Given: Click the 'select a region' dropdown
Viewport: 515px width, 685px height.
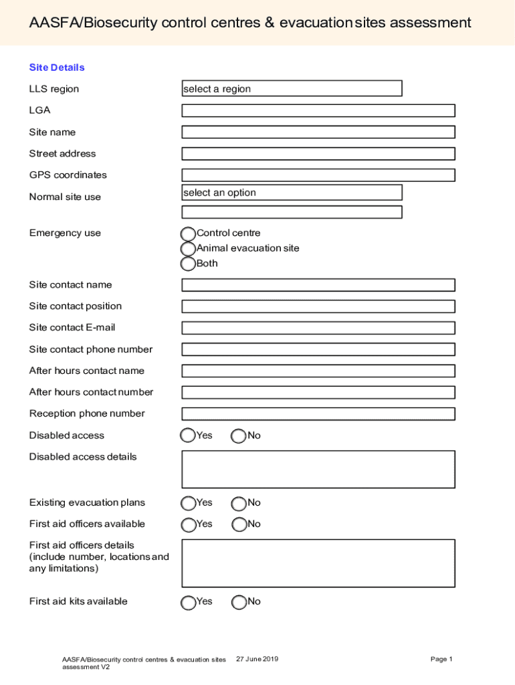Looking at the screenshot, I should (x=292, y=88).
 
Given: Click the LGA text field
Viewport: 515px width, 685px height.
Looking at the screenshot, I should (x=318, y=110).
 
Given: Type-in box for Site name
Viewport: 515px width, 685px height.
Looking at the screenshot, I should (x=318, y=132).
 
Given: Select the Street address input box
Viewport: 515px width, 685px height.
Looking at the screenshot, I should (x=318, y=153).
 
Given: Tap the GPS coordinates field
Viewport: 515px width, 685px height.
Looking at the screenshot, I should (x=318, y=175).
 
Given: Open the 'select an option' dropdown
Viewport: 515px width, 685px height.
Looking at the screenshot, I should (x=292, y=193).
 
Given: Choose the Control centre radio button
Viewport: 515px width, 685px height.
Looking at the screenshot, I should (x=189, y=233).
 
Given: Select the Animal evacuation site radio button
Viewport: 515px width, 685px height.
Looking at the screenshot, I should (x=189, y=249).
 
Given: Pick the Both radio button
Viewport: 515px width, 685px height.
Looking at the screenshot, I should (x=189, y=264).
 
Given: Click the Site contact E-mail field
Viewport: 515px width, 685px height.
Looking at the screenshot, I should (x=318, y=328).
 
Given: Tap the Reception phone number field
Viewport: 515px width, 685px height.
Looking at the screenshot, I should (x=318, y=413).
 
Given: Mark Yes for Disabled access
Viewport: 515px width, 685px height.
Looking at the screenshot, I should (x=189, y=436).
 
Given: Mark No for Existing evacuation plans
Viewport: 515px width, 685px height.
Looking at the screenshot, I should (x=239, y=503).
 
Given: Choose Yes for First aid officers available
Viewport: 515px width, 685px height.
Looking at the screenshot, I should (x=189, y=524).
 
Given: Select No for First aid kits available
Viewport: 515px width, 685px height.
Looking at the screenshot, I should (x=239, y=602).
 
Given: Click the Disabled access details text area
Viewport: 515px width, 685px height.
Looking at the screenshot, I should (x=318, y=469).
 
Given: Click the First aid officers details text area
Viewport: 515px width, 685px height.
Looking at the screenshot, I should (x=318, y=563).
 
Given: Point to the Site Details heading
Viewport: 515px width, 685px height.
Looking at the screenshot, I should (x=57, y=68).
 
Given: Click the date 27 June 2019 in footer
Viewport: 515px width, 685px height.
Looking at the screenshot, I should (x=257, y=660).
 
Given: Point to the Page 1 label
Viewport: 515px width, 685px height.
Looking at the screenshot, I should (x=441, y=660).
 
